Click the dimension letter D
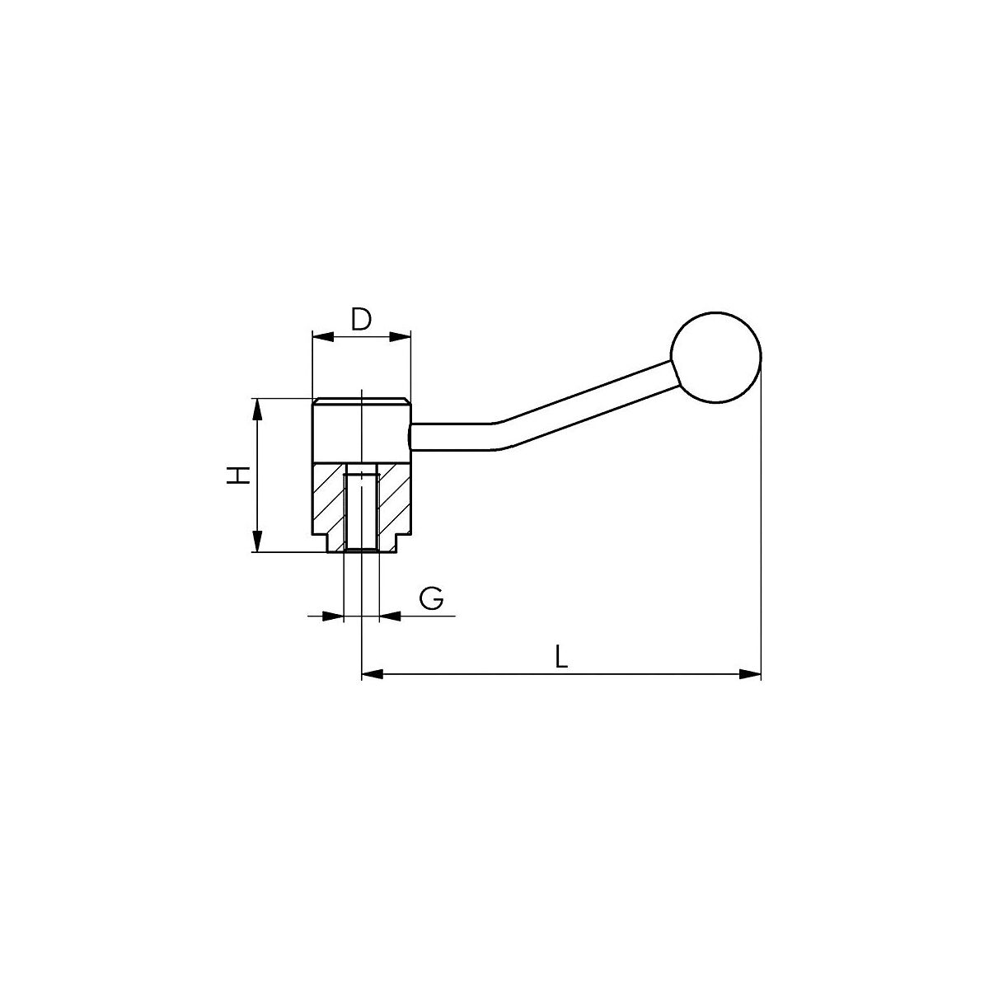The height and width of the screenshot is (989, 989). pos(361,319)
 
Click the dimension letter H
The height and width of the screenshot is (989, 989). pos(238,476)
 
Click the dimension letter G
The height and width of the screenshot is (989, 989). pos(431,598)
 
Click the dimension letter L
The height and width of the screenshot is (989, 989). pos(561,657)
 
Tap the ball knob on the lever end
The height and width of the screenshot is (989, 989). pos(715,357)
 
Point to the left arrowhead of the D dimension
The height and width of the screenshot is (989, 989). pos(323,337)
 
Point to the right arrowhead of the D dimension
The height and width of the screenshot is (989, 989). pos(401,337)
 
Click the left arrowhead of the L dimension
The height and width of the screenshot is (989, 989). pos(373,674)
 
